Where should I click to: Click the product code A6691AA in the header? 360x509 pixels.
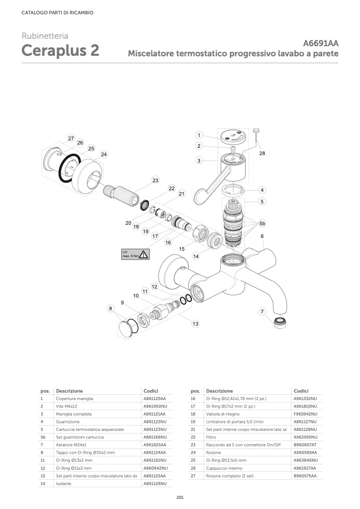pos(321,44)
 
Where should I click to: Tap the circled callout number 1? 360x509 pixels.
pos(198,135)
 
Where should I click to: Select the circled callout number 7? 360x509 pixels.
pos(262,311)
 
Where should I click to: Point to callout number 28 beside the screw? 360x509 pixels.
pos(262,153)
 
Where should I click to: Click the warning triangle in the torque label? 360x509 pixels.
pos(143,254)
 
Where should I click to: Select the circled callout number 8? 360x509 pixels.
pos(111,308)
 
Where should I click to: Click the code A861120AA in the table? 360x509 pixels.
pos(155,398)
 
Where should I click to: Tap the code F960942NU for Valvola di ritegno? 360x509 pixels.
pos(305,413)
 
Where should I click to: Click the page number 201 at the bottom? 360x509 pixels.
pos(180,497)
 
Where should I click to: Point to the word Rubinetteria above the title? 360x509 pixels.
pos(45,36)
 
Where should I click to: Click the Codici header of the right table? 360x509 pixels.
pos(301,391)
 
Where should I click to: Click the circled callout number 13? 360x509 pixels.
pos(196,324)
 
